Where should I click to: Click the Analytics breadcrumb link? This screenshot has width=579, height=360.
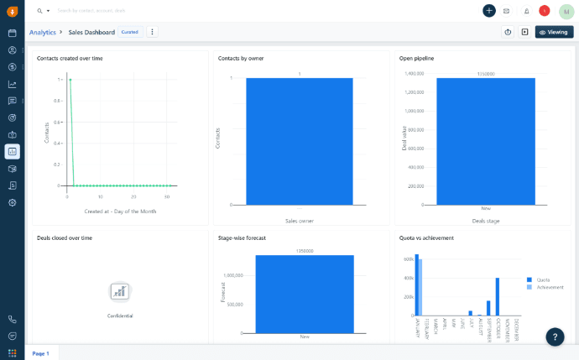click(x=42, y=32)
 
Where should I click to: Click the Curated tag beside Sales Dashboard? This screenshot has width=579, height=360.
click(x=129, y=32)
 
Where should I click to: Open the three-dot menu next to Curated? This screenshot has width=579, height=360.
click(x=152, y=32)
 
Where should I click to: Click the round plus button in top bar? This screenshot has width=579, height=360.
click(x=489, y=11)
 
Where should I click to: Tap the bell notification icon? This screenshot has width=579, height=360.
click(x=526, y=11)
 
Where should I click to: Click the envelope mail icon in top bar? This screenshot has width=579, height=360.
click(x=506, y=11)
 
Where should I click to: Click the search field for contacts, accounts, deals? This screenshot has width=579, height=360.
click(x=101, y=11)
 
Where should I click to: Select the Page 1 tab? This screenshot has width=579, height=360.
click(x=40, y=353)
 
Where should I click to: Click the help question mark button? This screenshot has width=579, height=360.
click(x=555, y=337)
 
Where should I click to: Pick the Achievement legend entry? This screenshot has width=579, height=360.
click(x=550, y=287)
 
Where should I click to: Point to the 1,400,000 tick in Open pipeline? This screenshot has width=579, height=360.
click(x=414, y=73)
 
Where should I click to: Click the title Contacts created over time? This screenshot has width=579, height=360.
click(x=70, y=58)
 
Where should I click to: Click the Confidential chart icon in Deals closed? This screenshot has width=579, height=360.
click(x=120, y=291)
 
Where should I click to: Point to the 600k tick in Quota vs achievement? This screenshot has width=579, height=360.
click(x=409, y=259)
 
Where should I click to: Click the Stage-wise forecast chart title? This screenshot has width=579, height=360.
click(x=242, y=237)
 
